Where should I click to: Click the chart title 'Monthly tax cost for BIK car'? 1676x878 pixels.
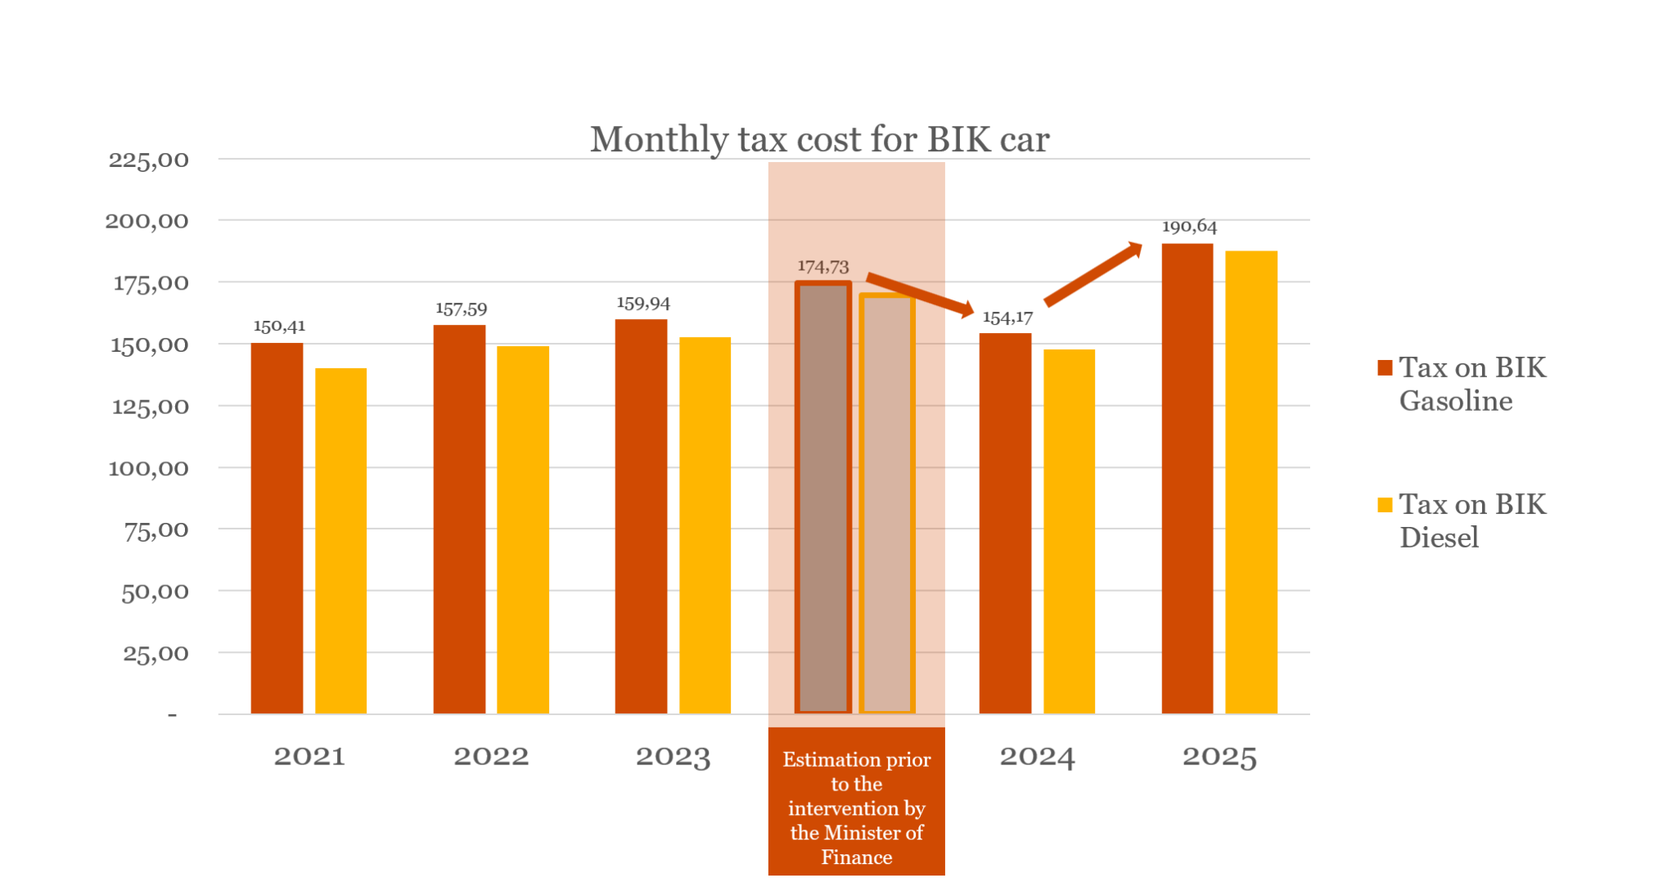click(x=819, y=139)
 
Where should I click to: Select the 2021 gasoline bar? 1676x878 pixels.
click(x=277, y=528)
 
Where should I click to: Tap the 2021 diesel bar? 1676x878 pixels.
click(x=340, y=541)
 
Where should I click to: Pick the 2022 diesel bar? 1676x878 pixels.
click(x=523, y=529)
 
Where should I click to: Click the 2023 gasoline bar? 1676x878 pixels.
click(x=641, y=516)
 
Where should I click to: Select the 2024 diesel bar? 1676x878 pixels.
click(x=1069, y=531)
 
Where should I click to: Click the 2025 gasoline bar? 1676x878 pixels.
click(x=1187, y=479)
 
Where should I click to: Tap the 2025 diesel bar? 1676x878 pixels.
click(x=1250, y=482)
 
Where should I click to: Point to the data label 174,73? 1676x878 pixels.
click(x=822, y=267)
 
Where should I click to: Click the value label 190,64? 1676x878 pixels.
click(x=1189, y=227)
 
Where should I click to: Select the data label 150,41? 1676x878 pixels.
click(x=279, y=326)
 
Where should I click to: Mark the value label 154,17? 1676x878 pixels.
click(x=1007, y=317)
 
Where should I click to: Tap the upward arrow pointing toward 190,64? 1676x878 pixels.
click(x=1093, y=274)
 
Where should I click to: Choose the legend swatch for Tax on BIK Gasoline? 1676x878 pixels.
click(x=1385, y=367)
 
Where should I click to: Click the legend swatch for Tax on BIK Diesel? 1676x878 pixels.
click(x=1385, y=505)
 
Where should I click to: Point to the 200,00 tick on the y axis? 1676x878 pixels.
click(x=147, y=221)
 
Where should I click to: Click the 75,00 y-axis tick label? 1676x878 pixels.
click(x=155, y=530)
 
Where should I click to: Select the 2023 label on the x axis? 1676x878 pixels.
click(x=673, y=756)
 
